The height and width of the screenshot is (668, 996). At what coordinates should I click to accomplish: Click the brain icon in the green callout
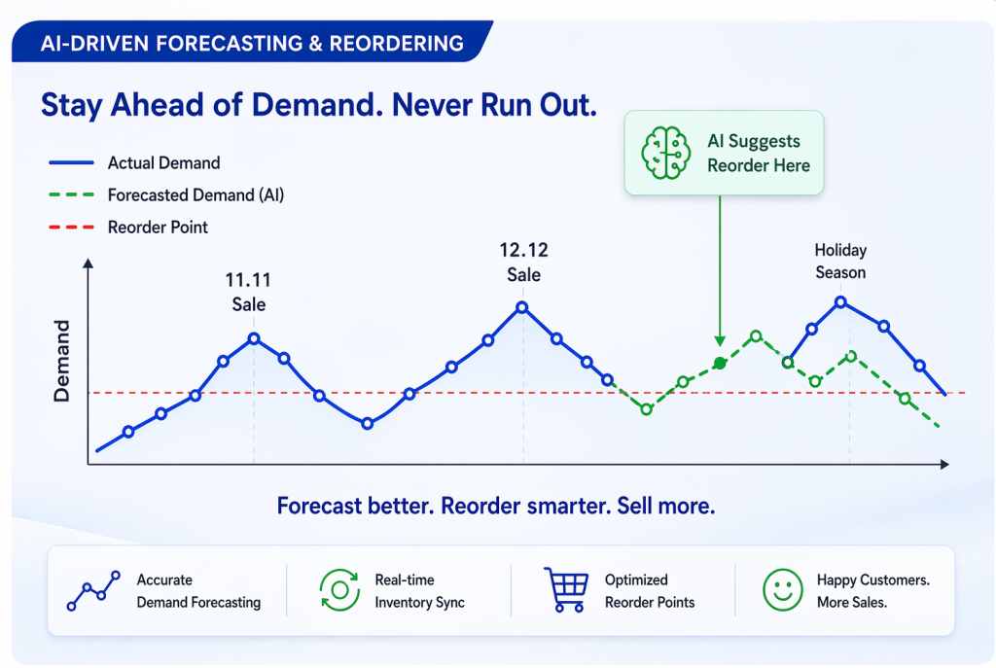click(x=665, y=154)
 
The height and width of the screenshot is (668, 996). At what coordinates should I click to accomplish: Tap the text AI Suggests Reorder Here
click(x=758, y=154)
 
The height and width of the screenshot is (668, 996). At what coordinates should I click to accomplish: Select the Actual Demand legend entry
click(x=163, y=163)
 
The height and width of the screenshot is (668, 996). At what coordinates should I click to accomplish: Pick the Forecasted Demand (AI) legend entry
click(x=196, y=195)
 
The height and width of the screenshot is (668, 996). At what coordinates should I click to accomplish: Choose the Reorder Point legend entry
click(x=158, y=228)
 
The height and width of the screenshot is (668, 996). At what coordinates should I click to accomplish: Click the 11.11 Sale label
click(x=249, y=292)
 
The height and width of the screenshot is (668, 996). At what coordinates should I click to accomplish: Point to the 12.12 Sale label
click(x=523, y=263)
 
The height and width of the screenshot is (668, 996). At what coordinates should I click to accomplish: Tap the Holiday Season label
click(x=840, y=262)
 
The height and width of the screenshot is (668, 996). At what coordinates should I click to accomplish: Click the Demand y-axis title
click(x=62, y=361)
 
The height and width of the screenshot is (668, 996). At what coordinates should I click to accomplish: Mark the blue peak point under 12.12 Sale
click(x=522, y=307)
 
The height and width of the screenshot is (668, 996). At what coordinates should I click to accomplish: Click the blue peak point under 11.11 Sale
click(x=254, y=338)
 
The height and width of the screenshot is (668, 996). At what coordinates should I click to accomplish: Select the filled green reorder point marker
click(x=720, y=363)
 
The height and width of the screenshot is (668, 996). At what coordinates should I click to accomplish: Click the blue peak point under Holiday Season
click(x=842, y=301)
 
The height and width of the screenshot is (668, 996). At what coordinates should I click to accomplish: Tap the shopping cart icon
click(x=567, y=589)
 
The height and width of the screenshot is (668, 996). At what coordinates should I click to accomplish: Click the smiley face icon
click(x=783, y=589)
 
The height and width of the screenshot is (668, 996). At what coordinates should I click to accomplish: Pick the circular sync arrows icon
click(x=340, y=590)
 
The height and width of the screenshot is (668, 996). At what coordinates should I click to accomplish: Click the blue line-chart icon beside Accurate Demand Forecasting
click(x=93, y=590)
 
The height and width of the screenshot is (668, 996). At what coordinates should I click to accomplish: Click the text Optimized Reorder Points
click(x=650, y=590)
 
